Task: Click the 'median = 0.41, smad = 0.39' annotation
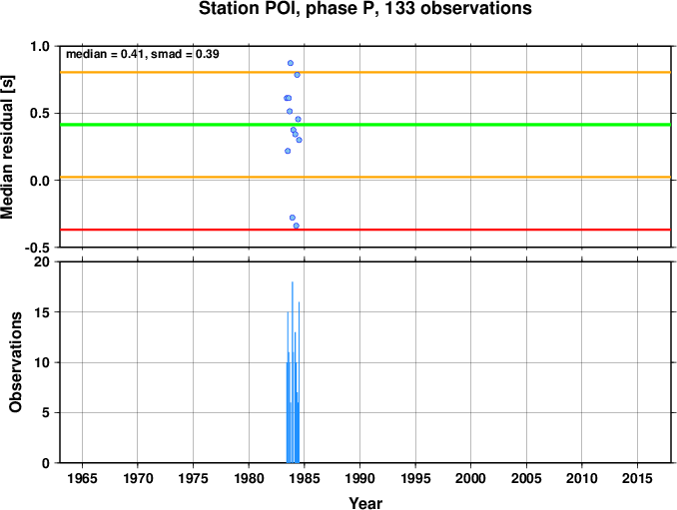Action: pos(143,54)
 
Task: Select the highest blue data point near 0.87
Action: pos(291,63)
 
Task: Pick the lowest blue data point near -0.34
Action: pos(297,226)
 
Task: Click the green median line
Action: pos(365,125)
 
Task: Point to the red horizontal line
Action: pos(365,230)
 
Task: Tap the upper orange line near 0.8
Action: pos(365,72)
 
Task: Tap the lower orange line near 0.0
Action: pos(365,177)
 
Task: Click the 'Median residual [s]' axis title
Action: pos(8,147)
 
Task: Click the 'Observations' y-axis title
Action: pos(16,362)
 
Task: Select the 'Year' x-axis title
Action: pos(365,503)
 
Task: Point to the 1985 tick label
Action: pos(305,478)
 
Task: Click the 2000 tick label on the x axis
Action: pos(471,478)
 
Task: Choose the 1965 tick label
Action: pos(82,478)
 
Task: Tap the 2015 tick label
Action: pos(637,478)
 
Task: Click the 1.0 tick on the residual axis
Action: pos(40,46)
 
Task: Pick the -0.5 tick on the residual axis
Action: pos(38,248)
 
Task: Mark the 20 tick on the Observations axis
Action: pos(43,262)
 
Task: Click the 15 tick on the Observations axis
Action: pos(43,312)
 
